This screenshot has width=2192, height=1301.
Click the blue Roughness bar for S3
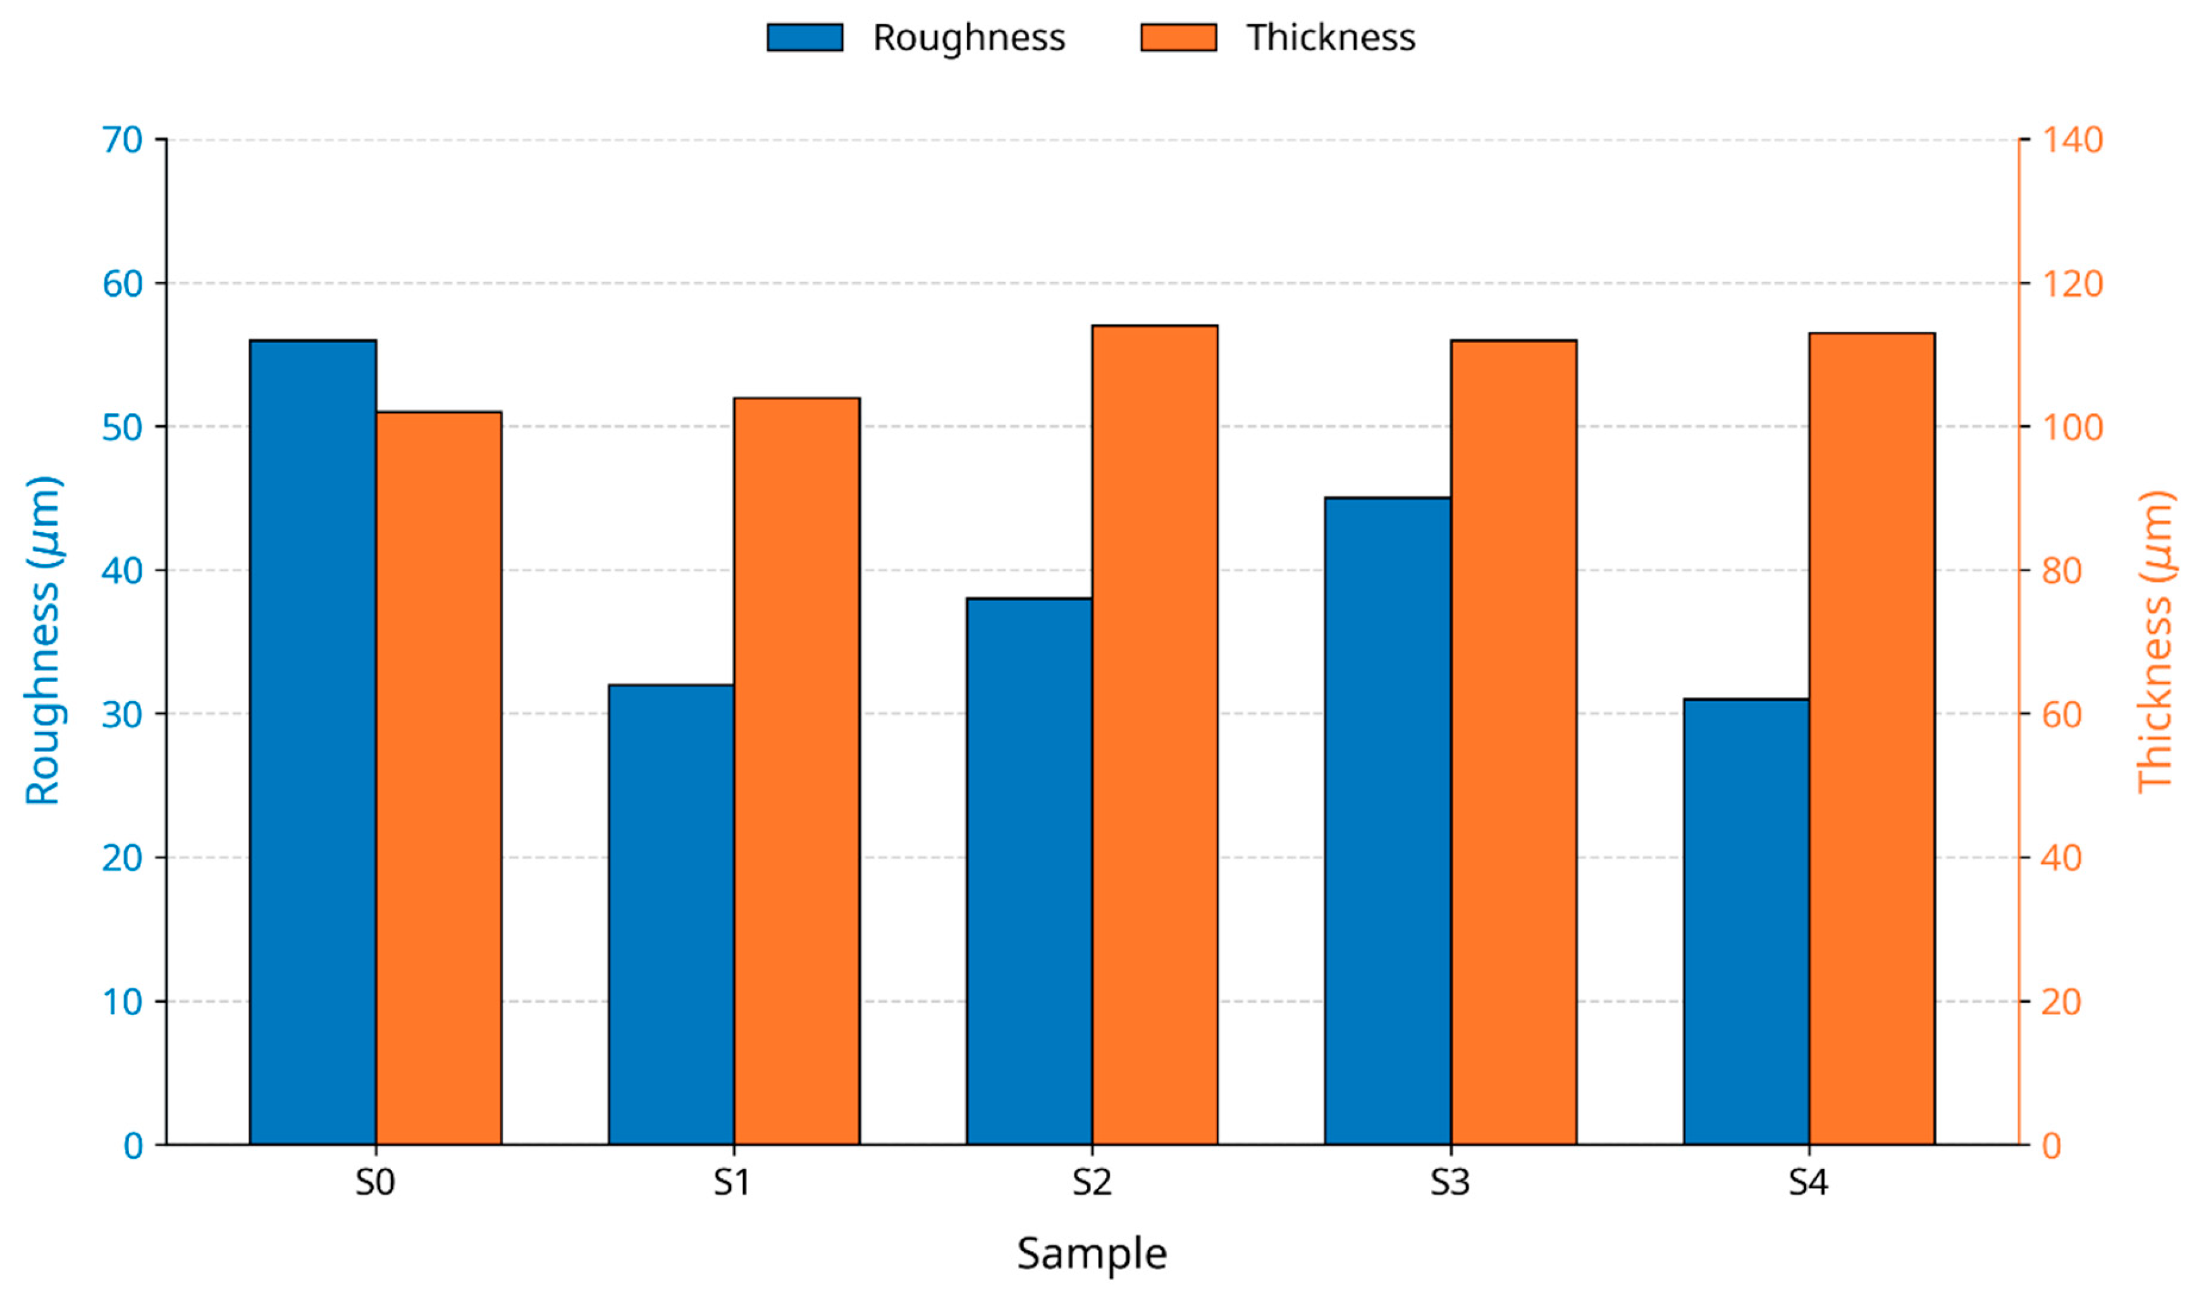tap(1388, 820)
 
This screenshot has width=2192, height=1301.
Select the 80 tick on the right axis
tap(2062, 570)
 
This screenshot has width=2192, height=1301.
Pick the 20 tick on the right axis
tap(2062, 1001)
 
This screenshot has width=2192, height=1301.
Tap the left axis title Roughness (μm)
tap(42, 640)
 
